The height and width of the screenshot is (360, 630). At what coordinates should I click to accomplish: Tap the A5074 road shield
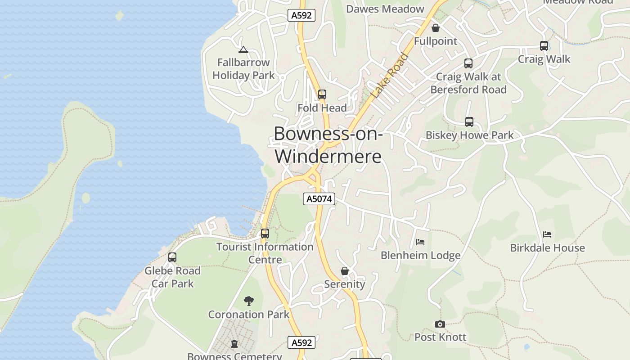(x=319, y=199)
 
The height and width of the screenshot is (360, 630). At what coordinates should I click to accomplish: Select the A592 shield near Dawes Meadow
(x=301, y=15)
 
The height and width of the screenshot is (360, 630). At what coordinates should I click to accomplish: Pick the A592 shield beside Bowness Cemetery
(x=301, y=342)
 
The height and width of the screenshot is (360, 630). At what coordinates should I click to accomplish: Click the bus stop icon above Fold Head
(x=322, y=94)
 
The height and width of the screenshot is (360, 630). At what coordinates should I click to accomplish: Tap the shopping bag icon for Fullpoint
(x=436, y=28)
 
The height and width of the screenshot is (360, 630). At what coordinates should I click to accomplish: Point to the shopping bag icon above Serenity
(x=345, y=271)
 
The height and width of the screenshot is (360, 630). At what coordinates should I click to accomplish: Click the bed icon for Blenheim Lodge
(x=420, y=242)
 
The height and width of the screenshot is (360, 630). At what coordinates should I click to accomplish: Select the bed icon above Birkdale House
(x=547, y=234)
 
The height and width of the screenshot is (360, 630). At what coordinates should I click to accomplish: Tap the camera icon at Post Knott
(x=440, y=324)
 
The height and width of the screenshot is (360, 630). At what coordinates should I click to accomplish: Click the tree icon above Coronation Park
(x=248, y=301)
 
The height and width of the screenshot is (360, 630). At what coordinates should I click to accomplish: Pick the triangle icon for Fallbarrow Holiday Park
(x=243, y=49)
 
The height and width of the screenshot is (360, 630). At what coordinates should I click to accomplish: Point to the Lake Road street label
(x=390, y=76)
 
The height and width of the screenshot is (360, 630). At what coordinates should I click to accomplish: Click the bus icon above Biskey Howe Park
(x=469, y=122)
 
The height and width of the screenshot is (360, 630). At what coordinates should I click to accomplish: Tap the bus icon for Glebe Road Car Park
(x=172, y=257)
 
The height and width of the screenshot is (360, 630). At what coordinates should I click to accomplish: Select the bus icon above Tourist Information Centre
(x=265, y=234)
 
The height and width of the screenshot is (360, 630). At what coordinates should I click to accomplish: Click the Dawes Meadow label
(x=385, y=9)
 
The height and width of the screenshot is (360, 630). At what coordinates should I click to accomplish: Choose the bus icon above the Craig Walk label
(x=544, y=46)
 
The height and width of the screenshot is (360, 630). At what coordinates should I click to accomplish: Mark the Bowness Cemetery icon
(x=234, y=344)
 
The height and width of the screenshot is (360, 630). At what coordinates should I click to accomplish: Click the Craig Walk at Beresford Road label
(x=468, y=83)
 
